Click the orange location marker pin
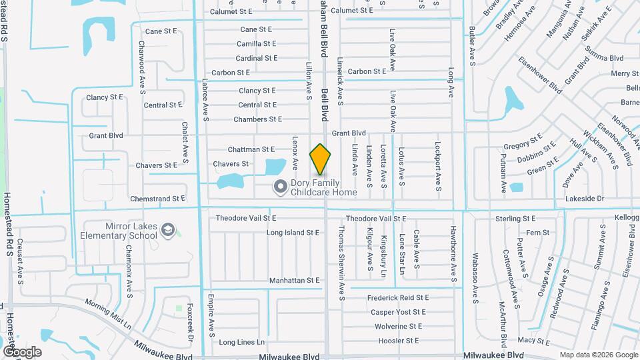coord(321,159)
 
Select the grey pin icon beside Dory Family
coord(280,187)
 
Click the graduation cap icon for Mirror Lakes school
coord(168,231)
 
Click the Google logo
coord(22,351)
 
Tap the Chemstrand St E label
coord(157,199)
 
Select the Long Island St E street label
coord(293,233)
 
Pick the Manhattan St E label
coord(295,281)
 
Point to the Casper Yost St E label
coord(398,312)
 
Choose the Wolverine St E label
coord(398,327)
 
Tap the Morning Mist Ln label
coord(108,314)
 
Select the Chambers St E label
coord(257,119)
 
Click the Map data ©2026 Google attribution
coord(598,355)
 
